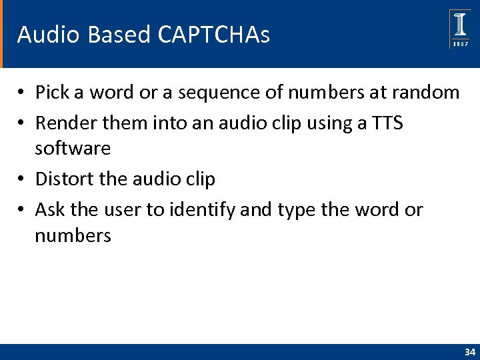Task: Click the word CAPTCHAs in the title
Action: (x=214, y=35)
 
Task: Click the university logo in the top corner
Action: (x=460, y=25)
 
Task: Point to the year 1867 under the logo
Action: (x=460, y=43)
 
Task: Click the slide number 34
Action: (x=469, y=351)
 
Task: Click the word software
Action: (x=73, y=148)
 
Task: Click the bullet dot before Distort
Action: (x=21, y=179)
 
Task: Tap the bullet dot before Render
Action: (x=21, y=124)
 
